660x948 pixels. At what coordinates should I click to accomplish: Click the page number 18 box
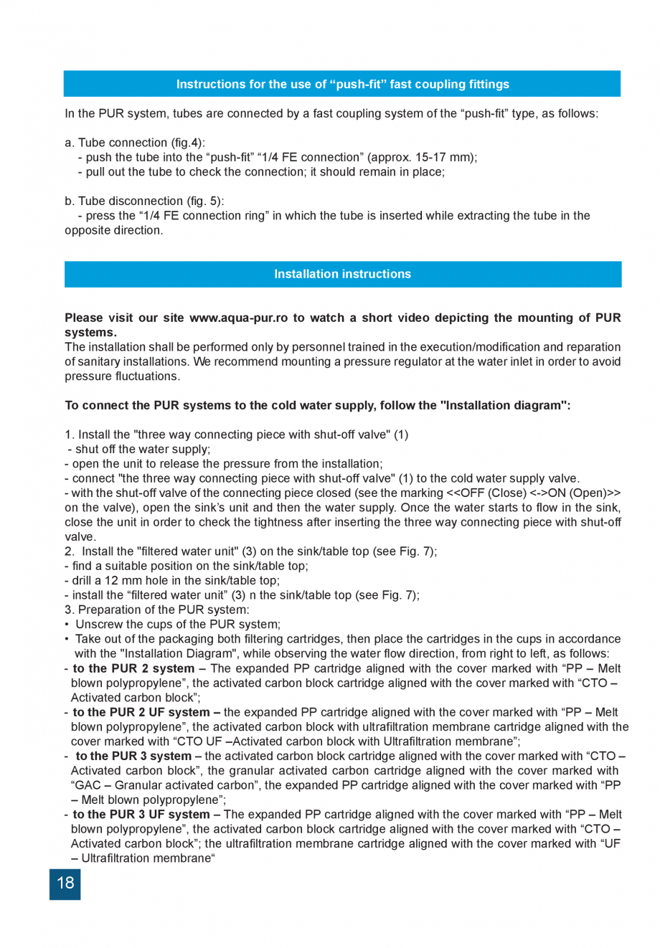pos(65,883)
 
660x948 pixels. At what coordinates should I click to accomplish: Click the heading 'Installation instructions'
pos(342,274)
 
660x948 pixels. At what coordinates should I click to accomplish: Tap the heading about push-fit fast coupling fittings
pos(342,84)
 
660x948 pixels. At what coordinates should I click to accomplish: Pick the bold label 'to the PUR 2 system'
pos(133,668)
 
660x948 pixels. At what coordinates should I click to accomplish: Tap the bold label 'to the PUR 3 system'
pos(133,756)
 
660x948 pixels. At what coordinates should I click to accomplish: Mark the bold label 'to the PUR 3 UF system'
pos(141,815)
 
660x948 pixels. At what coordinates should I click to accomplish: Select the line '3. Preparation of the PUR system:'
pos(157,610)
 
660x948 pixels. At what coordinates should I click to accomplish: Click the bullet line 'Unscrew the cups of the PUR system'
pos(178,625)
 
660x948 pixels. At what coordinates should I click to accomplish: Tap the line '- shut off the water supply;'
pos(139,449)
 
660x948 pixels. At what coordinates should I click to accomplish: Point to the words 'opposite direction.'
pos(114,230)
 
